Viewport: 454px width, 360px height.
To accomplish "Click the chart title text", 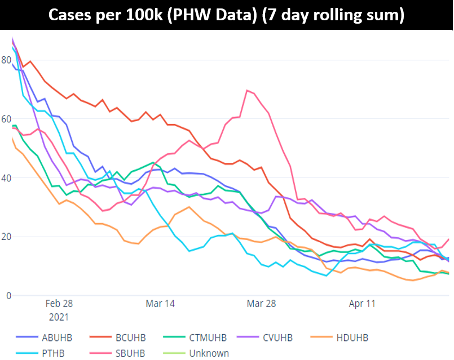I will [226, 15].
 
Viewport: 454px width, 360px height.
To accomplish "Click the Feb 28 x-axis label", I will [59, 304].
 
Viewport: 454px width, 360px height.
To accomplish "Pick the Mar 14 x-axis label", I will [160, 304].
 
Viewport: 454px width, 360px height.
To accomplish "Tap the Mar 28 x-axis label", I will [262, 304].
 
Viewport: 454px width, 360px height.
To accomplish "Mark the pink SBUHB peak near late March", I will [247, 90].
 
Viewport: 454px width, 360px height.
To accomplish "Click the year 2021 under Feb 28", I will [59, 317].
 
